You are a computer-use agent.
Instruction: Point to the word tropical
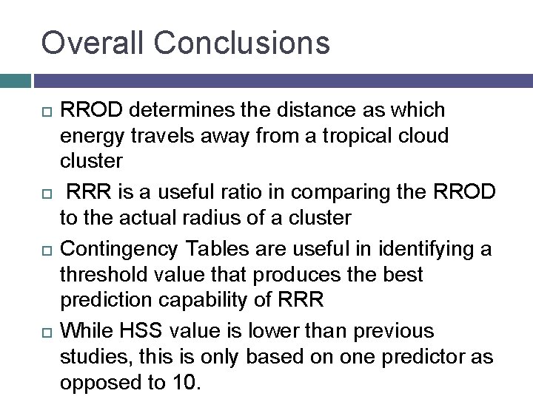350,137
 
